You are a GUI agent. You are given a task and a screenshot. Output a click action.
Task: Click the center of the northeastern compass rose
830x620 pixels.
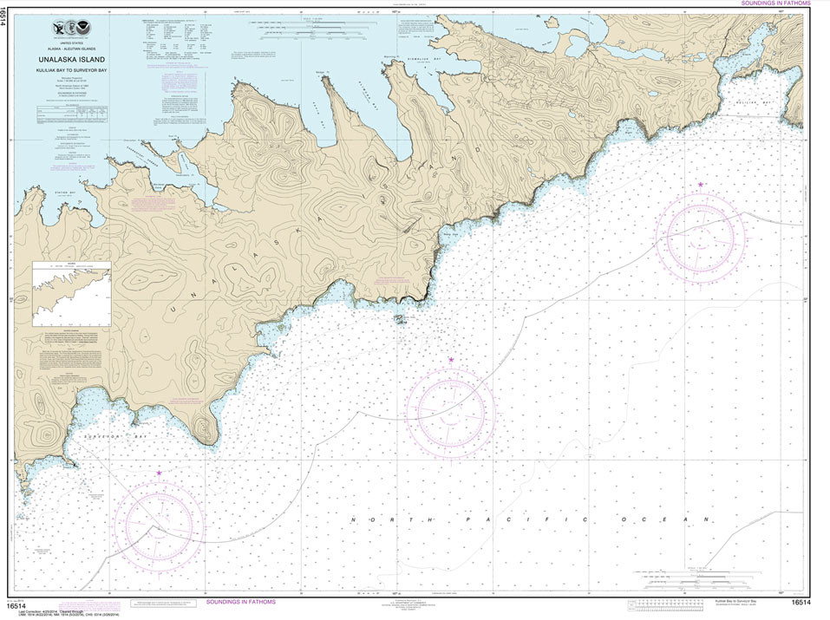pyautogui.click(x=699, y=236)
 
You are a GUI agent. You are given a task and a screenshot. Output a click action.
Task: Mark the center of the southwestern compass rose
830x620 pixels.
pyautogui.click(x=159, y=524)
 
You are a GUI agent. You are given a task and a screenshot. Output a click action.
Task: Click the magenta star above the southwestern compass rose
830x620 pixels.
pyautogui.click(x=159, y=473)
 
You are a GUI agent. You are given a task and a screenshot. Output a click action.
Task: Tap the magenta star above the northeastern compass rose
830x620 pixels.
pyautogui.click(x=700, y=184)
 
